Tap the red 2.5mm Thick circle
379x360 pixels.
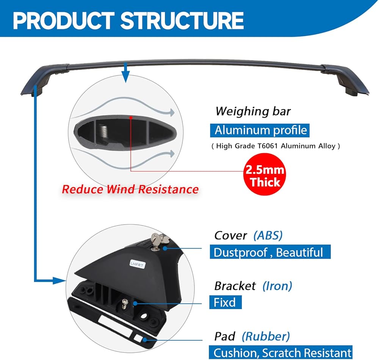click(x=265, y=176)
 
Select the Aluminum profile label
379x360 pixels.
click(x=260, y=131)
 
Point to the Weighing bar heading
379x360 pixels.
click(x=253, y=111)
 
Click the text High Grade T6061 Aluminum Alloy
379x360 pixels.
click(x=276, y=146)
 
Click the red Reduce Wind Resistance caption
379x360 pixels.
click(x=130, y=189)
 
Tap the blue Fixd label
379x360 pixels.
click(x=225, y=302)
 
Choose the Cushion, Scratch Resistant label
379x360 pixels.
click(x=281, y=352)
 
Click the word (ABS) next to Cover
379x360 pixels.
click(x=268, y=235)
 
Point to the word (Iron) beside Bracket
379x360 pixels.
click(x=277, y=286)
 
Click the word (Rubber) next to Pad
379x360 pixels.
click(x=266, y=336)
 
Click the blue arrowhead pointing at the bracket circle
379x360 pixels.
click(x=61, y=281)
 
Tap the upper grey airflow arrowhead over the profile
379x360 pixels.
click(x=171, y=112)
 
